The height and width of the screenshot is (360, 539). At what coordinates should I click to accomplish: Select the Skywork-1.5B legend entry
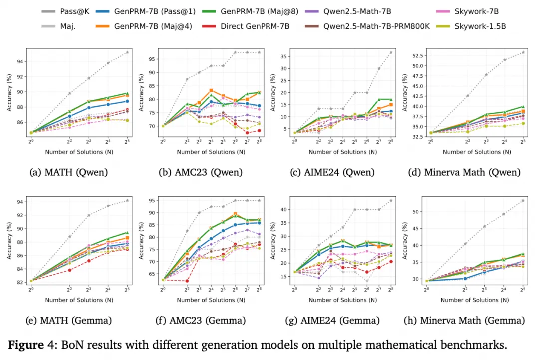[x=480, y=26]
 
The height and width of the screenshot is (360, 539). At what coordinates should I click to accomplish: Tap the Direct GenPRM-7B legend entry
[x=255, y=26]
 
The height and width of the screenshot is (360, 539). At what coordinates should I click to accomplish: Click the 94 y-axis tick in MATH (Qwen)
[x=19, y=62]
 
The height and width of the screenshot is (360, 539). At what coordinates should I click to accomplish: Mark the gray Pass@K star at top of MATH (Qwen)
[x=127, y=52]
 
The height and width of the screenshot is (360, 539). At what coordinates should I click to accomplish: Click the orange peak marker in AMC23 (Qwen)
[x=211, y=90]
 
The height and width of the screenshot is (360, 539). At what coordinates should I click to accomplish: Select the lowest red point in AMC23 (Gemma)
[x=187, y=281]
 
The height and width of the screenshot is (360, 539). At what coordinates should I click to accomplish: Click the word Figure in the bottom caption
[x=27, y=345]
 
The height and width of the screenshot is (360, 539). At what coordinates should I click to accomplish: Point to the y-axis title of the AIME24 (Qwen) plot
[x=273, y=92]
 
